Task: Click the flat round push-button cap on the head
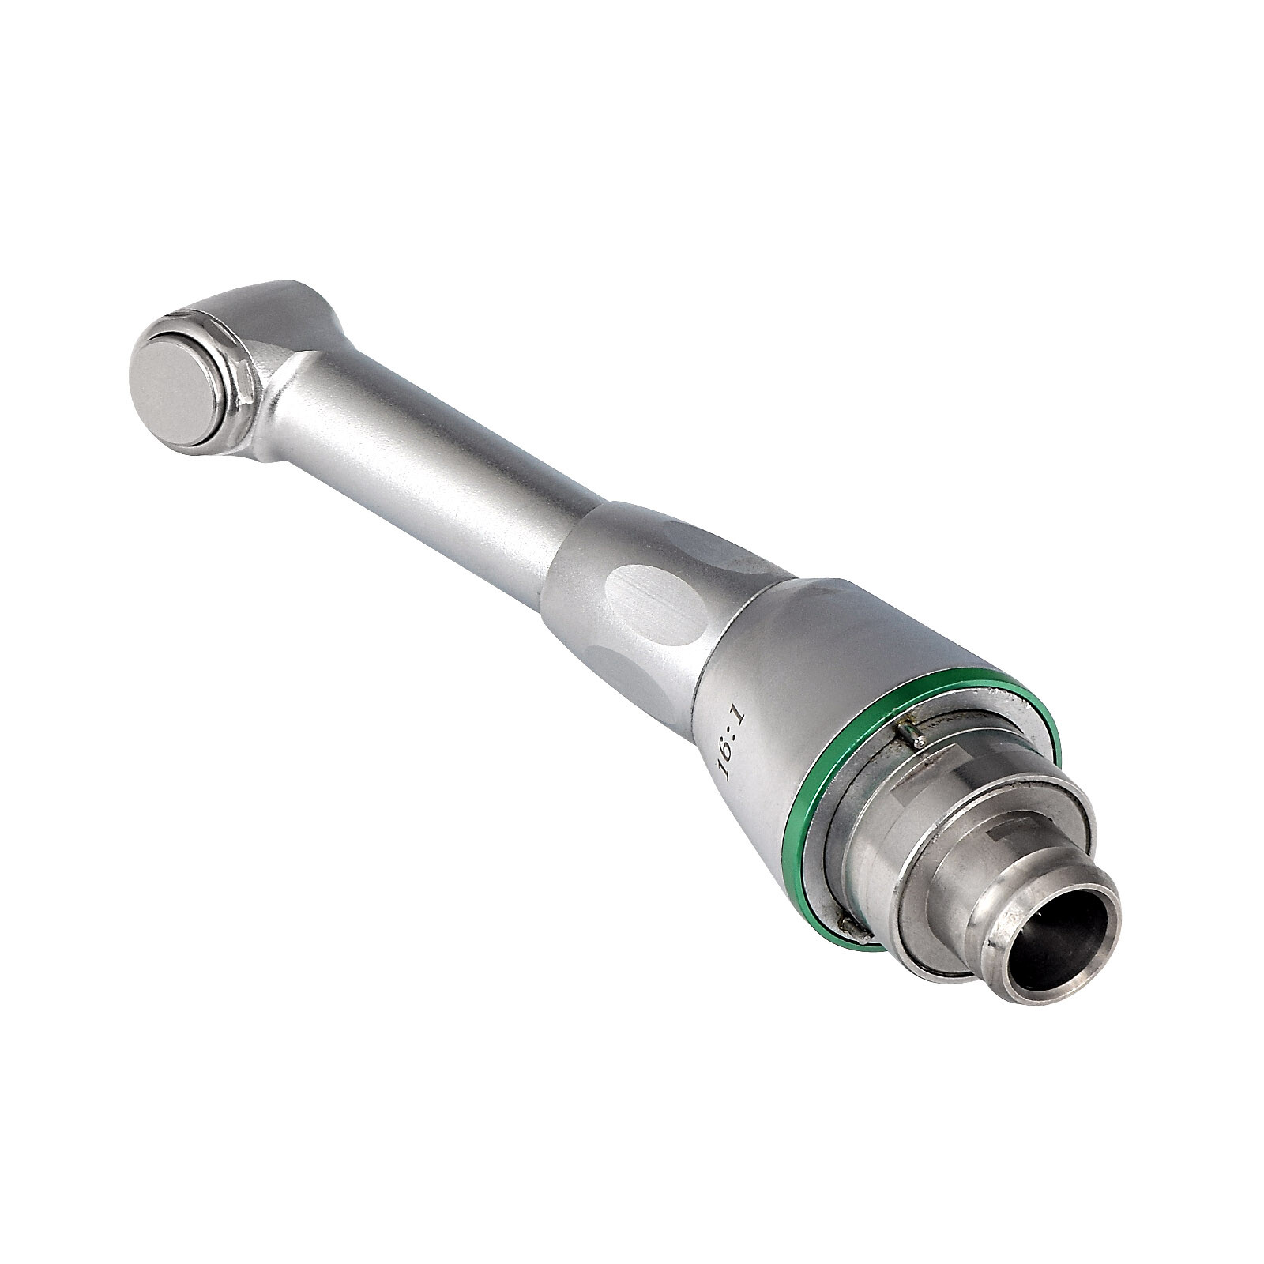pyautogui.click(x=178, y=385)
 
